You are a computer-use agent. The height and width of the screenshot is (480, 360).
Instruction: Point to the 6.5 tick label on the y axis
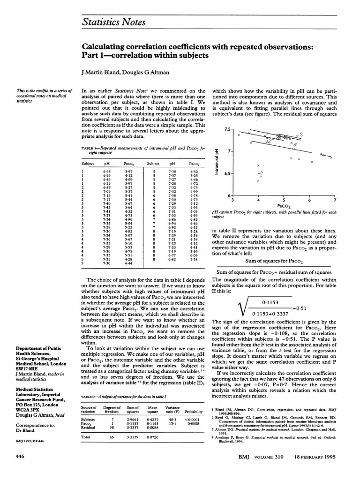[226, 173]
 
